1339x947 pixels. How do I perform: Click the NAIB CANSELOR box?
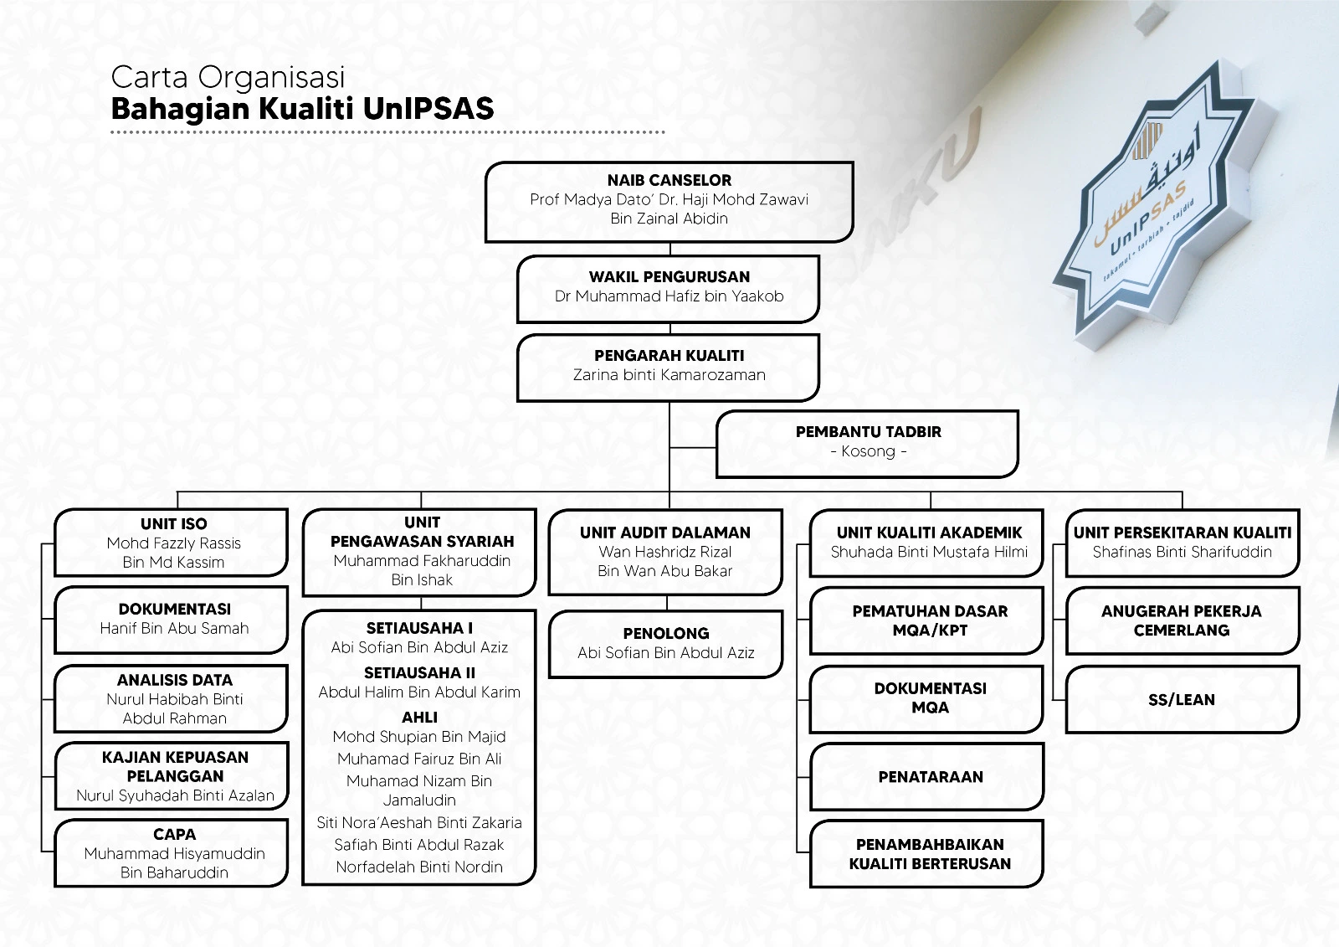(669, 201)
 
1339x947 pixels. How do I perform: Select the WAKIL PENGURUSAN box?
(668, 287)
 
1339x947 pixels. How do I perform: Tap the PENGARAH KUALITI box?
(668, 366)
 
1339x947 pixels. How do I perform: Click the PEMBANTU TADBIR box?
(867, 443)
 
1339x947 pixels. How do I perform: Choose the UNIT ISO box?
(172, 543)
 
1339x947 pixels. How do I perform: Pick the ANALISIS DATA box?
(172, 698)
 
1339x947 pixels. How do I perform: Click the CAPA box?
(172, 852)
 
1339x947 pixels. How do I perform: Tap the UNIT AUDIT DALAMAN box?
(664, 552)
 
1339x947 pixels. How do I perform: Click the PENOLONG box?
(665, 643)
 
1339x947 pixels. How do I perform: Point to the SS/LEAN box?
(1181, 699)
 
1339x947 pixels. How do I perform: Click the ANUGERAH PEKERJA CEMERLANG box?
(1181, 620)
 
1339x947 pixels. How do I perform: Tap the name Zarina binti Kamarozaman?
(669, 375)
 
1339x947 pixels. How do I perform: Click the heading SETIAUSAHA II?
(419, 672)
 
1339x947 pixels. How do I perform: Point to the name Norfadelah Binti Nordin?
(419, 867)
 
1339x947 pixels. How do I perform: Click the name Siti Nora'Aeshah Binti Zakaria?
(419, 822)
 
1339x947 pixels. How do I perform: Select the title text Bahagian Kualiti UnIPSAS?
(302, 109)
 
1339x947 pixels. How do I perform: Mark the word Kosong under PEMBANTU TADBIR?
(868, 451)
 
